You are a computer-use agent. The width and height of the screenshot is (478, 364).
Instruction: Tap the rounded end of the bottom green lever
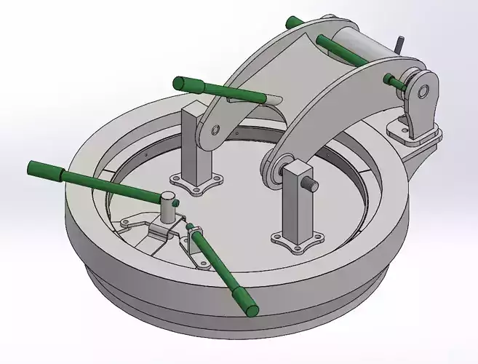tap(252, 311)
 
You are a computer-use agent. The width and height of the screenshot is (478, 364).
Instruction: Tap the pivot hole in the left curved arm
tap(216, 132)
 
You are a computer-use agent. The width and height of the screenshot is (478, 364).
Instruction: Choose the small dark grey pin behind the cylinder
tap(399, 44)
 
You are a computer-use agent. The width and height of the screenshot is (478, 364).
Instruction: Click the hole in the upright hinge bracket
tap(421, 92)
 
